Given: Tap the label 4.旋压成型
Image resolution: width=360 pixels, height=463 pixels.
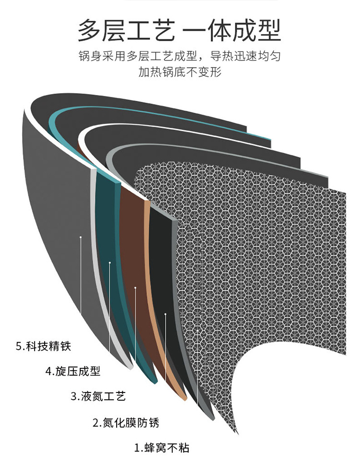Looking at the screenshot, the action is click(x=73, y=371).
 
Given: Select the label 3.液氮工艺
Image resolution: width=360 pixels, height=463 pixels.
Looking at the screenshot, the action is click(x=98, y=397).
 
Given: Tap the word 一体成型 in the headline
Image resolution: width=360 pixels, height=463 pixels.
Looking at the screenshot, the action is click(x=233, y=31).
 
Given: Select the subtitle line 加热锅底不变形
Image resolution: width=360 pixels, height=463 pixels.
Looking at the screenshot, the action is click(x=180, y=72).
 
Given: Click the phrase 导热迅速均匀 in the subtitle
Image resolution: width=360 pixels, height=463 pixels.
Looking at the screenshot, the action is click(x=245, y=56).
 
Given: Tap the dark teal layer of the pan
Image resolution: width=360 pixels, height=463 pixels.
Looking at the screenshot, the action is click(x=108, y=226).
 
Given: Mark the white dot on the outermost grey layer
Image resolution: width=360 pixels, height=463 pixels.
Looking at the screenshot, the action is click(x=81, y=237).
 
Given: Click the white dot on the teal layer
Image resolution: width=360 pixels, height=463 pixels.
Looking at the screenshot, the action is click(x=110, y=262).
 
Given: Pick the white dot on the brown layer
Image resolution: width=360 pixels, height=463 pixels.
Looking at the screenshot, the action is click(x=135, y=288).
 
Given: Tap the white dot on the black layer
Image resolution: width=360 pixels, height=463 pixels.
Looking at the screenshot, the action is click(x=166, y=314).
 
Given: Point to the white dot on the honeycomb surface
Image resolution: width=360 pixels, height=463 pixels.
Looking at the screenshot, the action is click(x=197, y=331).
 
